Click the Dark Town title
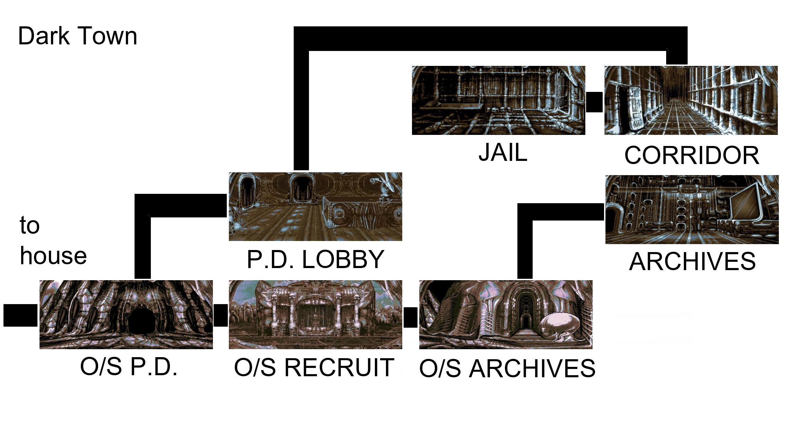click(x=78, y=36)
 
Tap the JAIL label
click(x=503, y=153)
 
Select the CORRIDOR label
click(x=691, y=155)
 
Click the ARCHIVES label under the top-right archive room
click(x=692, y=261)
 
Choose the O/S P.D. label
click(x=129, y=367)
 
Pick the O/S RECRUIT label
click(x=314, y=368)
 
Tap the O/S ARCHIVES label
click(x=507, y=368)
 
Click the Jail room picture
click(x=498, y=100)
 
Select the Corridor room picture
click(x=691, y=100)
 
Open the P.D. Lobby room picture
click(x=315, y=207)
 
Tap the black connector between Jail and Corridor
click(x=594, y=102)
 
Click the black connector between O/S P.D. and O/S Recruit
click(x=221, y=315)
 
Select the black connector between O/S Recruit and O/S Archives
click(x=411, y=317)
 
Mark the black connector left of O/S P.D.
click(x=20, y=315)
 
